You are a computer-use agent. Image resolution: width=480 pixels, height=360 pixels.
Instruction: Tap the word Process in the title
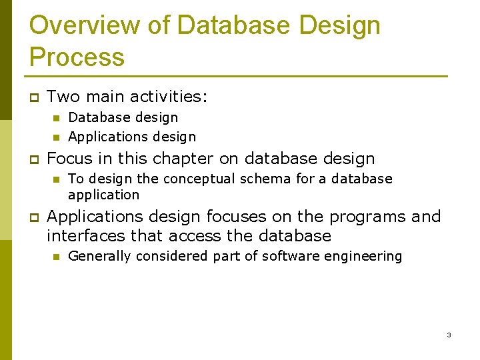click(77, 57)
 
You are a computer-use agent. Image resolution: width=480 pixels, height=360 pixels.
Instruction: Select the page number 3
click(449, 335)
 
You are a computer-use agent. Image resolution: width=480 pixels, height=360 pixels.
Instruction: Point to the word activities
click(169, 97)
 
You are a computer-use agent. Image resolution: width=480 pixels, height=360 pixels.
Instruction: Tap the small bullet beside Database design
click(56, 118)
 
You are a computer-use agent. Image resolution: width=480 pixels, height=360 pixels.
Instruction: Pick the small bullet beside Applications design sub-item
click(56, 137)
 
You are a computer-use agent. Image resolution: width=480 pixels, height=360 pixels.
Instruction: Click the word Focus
click(69, 159)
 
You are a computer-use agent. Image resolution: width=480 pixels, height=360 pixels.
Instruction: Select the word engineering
click(366, 256)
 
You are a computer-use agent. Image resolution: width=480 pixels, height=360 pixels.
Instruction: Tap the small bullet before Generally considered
click(56, 257)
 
